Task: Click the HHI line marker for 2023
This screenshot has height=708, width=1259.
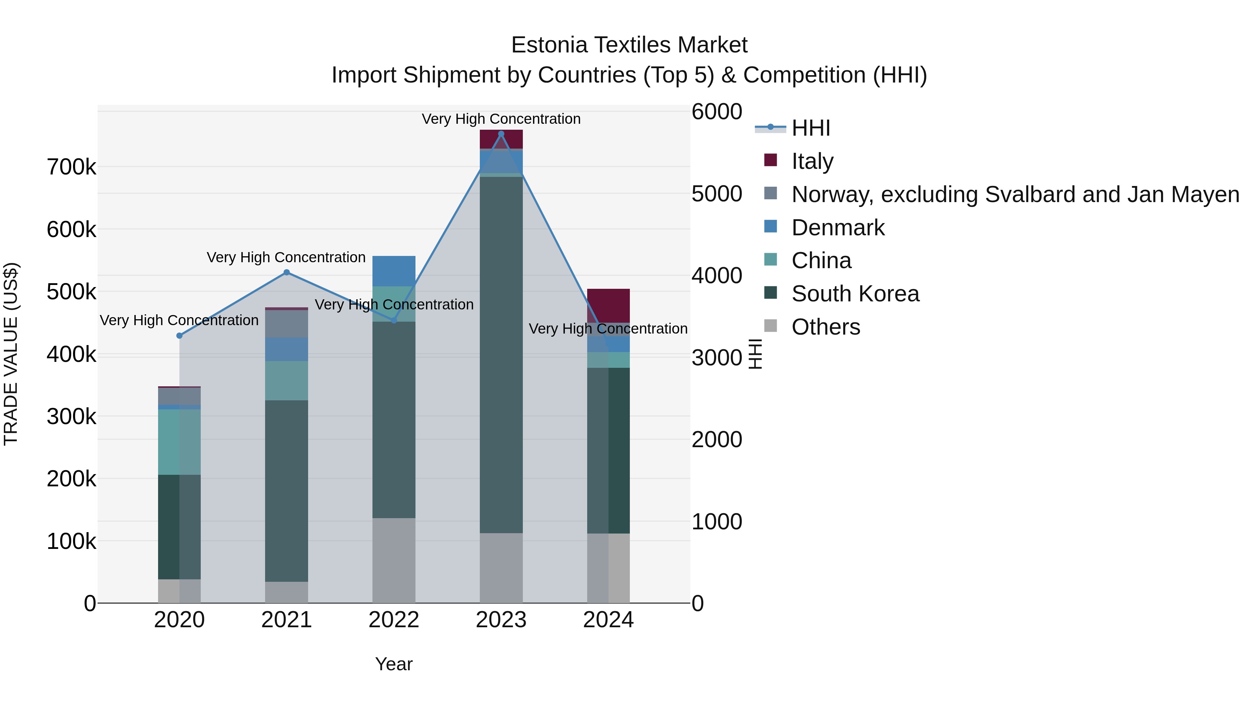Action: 501,134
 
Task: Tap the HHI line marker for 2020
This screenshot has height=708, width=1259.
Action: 179,336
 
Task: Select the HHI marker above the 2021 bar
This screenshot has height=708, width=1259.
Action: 286,273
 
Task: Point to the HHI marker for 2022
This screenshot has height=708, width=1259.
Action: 394,321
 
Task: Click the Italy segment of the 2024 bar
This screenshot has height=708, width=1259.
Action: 609,305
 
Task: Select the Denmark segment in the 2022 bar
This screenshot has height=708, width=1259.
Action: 394,271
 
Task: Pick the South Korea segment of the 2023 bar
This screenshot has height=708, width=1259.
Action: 501,354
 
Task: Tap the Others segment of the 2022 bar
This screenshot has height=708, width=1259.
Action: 394,560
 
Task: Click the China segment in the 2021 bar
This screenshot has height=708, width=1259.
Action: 286,381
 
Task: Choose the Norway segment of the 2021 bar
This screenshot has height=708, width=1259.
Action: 286,323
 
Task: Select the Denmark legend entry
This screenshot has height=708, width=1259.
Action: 838,228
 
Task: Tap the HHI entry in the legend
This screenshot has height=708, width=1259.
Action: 810,128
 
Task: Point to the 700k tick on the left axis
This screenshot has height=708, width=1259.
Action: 71,167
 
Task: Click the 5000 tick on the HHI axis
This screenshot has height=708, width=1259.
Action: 717,194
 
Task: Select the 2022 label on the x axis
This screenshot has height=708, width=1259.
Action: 394,620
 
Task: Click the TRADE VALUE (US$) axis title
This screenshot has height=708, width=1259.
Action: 11,354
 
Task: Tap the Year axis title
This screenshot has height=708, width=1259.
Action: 394,664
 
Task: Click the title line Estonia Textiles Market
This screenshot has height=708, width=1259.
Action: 629,45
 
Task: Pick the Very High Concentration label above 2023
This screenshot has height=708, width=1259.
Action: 501,119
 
